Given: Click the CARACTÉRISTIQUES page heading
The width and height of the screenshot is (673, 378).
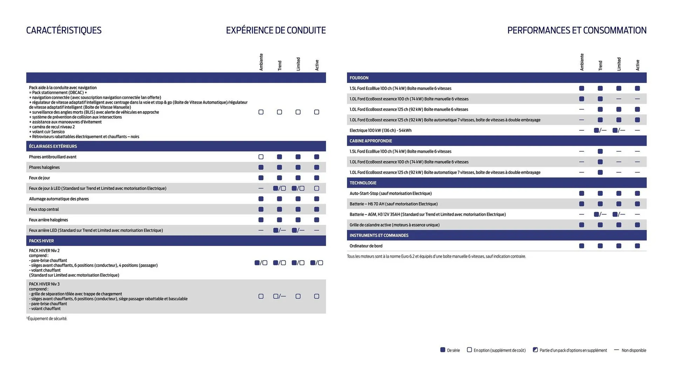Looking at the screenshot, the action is [x=64, y=30].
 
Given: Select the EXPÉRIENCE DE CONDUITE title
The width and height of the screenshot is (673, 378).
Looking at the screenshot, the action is [x=276, y=30].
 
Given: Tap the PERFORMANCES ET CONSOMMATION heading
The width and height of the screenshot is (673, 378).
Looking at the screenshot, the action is [x=577, y=30].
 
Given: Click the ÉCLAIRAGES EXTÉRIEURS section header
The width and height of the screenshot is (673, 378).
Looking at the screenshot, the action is [x=53, y=146].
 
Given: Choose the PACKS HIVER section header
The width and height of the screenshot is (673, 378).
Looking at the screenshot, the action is [x=41, y=241].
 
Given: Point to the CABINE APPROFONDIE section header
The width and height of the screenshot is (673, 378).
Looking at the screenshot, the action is [x=371, y=141].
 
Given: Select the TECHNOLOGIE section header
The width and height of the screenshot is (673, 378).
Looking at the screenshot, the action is [x=363, y=183].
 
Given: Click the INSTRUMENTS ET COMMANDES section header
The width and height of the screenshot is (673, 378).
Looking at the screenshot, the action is [x=379, y=235].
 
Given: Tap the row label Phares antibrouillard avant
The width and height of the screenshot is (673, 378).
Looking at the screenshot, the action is [x=53, y=157].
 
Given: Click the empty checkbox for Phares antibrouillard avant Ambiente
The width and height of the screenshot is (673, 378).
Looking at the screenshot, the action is [x=261, y=157].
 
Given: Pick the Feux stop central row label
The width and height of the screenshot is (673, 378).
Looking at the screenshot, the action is [x=44, y=209].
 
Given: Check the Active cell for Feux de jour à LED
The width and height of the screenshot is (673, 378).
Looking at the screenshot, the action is [x=317, y=188].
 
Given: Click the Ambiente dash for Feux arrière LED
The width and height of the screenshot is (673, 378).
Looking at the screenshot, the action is [x=261, y=230].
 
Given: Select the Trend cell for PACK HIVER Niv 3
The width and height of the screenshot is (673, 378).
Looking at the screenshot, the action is [x=279, y=296].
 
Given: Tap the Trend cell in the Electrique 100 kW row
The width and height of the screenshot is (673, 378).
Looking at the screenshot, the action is [x=600, y=130].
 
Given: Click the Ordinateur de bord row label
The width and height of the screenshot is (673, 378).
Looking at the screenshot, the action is [x=366, y=246].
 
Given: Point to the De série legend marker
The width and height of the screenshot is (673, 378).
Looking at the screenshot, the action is [x=443, y=350].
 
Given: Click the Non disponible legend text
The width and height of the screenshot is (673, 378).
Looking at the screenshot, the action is [x=634, y=350].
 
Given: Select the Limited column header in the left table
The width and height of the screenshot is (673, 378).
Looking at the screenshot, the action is [x=298, y=64].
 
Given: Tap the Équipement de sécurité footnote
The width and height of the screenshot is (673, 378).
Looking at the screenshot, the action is [x=47, y=318].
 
